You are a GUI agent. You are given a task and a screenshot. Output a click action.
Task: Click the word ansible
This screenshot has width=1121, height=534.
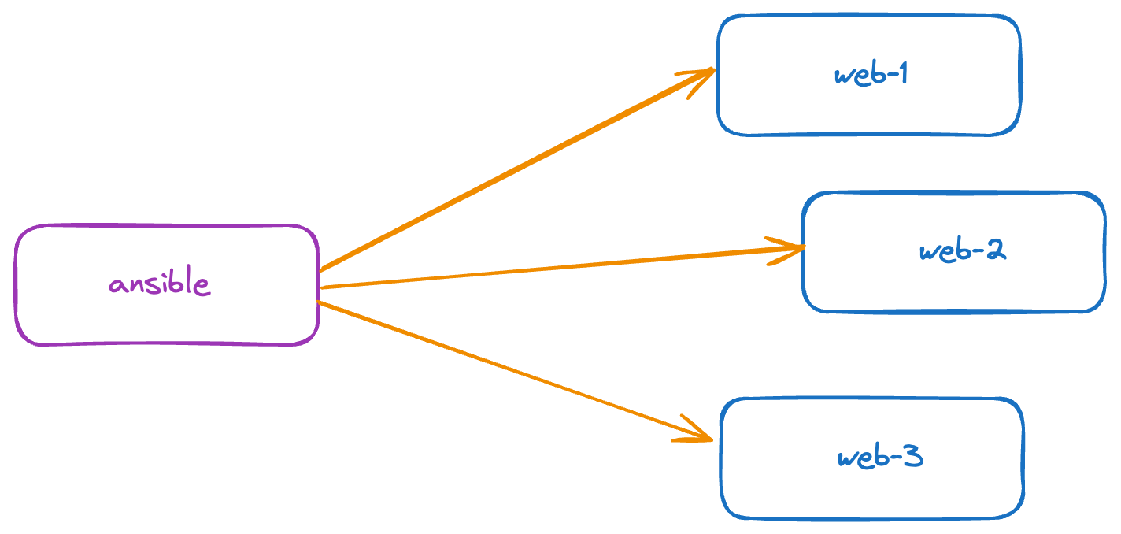click(x=160, y=284)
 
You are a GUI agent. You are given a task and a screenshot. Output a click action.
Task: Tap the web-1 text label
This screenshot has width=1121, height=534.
click(x=871, y=75)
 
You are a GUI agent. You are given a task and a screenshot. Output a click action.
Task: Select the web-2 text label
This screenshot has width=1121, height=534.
click(x=962, y=251)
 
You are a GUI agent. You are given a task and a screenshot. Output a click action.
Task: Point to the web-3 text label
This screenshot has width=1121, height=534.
click(x=879, y=458)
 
